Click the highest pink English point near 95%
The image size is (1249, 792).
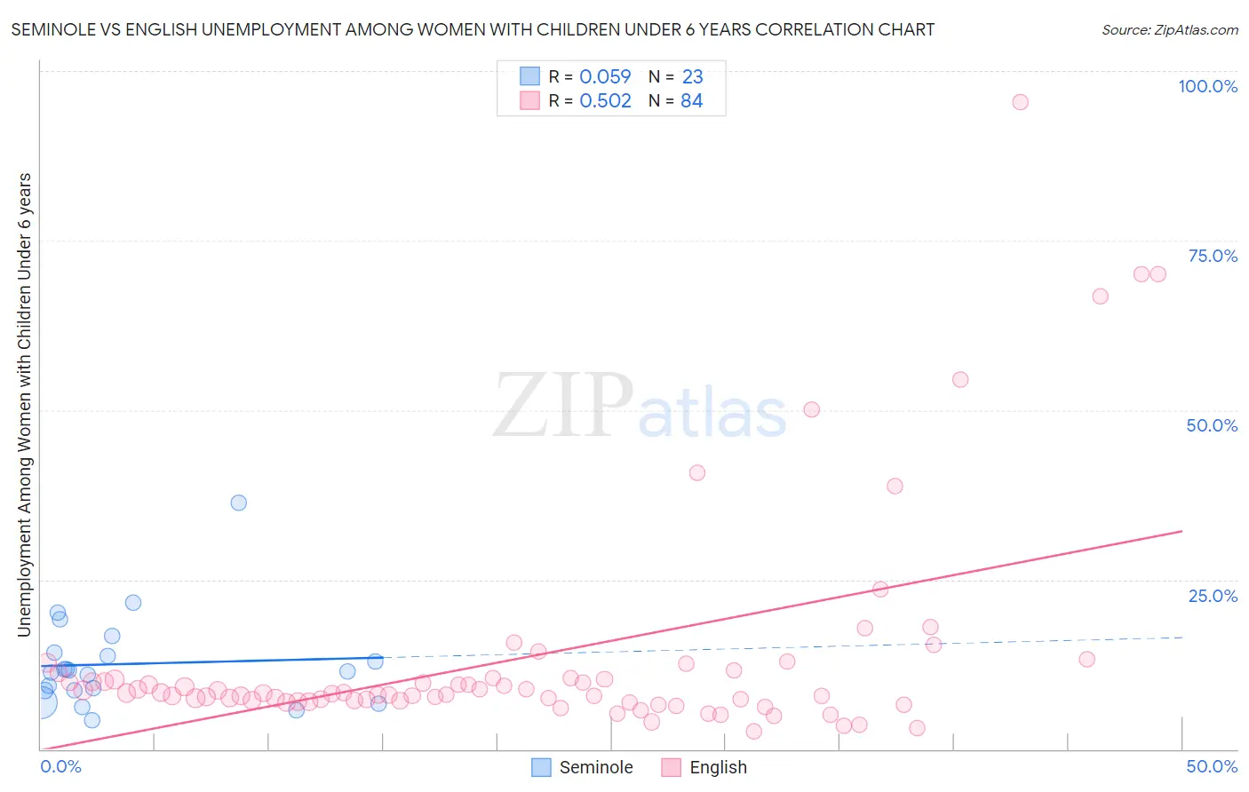pyautogui.click(x=1020, y=102)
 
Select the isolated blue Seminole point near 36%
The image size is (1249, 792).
pyautogui.click(x=238, y=503)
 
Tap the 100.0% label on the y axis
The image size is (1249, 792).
pyautogui.click(x=1207, y=86)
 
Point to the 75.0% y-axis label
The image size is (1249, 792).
pyautogui.click(x=1213, y=256)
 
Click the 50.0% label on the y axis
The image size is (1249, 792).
pyautogui.click(x=1212, y=425)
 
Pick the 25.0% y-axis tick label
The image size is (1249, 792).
pyautogui.click(x=1213, y=595)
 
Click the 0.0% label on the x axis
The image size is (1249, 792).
pyautogui.click(x=61, y=766)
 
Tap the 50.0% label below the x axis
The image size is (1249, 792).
pyautogui.click(x=1212, y=766)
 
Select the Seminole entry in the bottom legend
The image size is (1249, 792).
pyautogui.click(x=583, y=767)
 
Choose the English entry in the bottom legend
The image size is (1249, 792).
pyautogui.click(x=705, y=767)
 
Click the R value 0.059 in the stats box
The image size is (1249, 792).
pyautogui.click(x=605, y=77)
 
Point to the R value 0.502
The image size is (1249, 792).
pyautogui.click(x=605, y=101)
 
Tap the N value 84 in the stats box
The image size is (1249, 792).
pyautogui.click(x=691, y=101)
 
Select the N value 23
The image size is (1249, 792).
pyautogui.click(x=692, y=77)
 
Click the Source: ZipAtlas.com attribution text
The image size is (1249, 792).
pyautogui.click(x=1169, y=29)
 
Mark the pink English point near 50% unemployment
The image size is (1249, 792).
pyautogui.click(x=811, y=409)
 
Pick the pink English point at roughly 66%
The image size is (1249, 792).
pyautogui.click(x=1100, y=297)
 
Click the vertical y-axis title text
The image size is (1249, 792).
pyautogui.click(x=24, y=405)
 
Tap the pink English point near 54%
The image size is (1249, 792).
pyautogui.click(x=959, y=379)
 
